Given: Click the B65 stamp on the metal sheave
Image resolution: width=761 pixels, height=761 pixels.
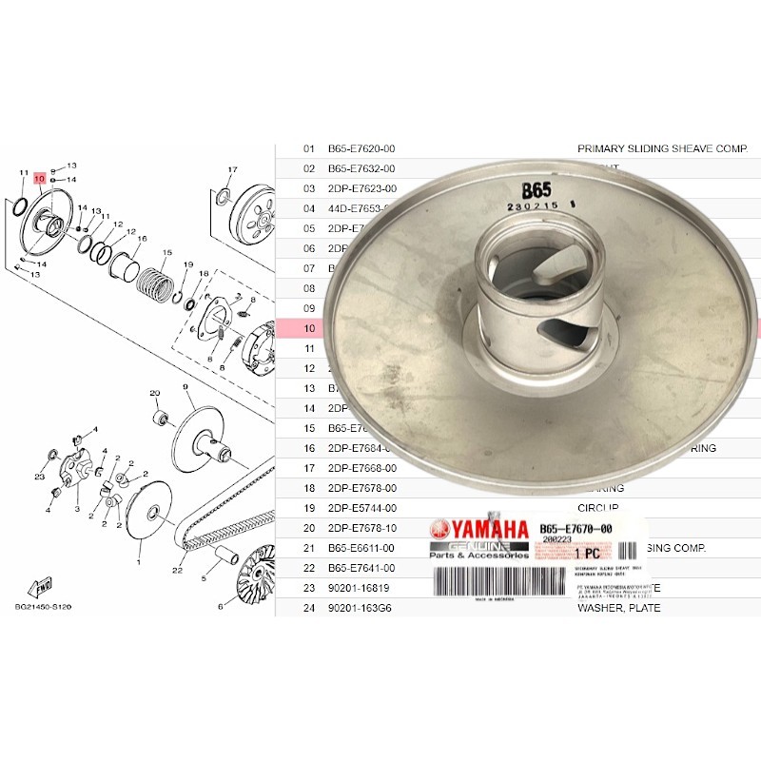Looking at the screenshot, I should tap(538, 186).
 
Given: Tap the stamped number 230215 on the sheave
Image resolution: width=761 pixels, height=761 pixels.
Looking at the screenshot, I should tap(533, 205).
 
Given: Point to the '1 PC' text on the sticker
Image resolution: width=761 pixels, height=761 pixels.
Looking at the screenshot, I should tap(586, 553).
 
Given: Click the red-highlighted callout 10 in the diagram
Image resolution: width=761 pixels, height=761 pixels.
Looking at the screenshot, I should tap(39, 179).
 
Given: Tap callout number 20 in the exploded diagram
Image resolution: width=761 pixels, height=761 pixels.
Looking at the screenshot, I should tap(154, 392).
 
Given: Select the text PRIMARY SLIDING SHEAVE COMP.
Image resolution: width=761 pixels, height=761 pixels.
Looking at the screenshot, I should tap(663, 149).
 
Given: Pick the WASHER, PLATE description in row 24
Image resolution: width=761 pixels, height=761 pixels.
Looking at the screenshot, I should tap(619, 608).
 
